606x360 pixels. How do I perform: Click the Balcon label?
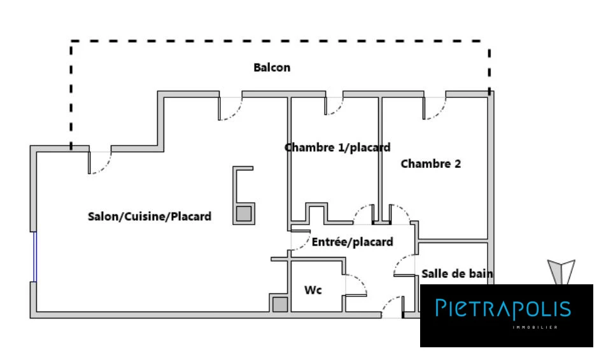coord(272,67)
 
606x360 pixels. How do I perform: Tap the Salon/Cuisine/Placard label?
coord(150,216)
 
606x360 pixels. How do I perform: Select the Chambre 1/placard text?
coord(337,148)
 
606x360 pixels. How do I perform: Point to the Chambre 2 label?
coord(430,163)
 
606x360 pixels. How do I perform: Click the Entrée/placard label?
coord(353,242)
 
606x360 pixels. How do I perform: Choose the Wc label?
coord(313,290)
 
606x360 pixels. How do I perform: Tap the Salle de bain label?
coord(457,274)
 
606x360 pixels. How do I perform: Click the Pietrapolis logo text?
coord(503,308)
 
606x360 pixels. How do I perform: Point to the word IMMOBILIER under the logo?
coord(535,328)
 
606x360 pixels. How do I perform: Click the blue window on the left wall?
coord(34,257)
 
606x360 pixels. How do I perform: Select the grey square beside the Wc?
coord(280,305)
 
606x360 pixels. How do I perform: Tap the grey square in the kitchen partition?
coord(244,213)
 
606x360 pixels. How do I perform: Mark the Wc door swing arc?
coord(363,282)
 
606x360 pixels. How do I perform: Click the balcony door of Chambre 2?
coord(434,109)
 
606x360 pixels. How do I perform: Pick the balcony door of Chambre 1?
coord(334,106)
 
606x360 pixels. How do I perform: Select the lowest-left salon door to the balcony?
coord(100,163)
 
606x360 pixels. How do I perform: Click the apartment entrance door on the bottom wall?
coord(393,307)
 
